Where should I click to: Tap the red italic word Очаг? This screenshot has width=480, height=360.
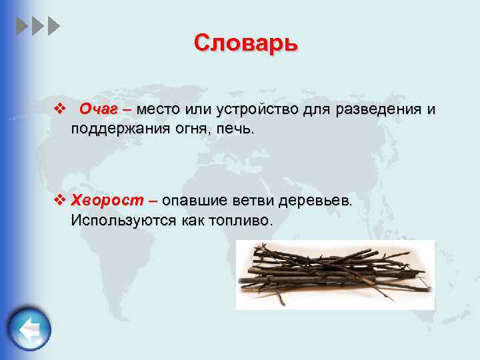[x=99, y=109]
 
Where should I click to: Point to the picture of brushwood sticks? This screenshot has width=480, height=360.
[x=335, y=273]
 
